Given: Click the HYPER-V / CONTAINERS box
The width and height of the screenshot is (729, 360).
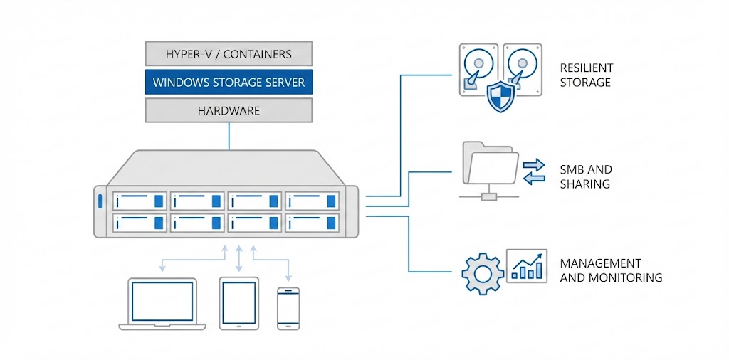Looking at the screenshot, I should [x=229, y=53].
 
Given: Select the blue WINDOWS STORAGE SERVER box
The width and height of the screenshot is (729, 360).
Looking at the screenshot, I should [x=229, y=82].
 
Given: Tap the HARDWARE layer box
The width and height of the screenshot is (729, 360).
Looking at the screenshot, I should [x=229, y=110].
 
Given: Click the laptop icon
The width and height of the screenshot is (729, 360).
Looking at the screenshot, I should [x=162, y=304].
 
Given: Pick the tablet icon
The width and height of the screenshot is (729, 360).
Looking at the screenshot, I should [x=238, y=303].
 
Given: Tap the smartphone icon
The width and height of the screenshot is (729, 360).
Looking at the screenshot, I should [x=288, y=308].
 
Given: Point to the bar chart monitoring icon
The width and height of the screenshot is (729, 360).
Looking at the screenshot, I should [x=526, y=265].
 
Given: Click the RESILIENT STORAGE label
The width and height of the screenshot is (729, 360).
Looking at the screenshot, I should [x=586, y=75].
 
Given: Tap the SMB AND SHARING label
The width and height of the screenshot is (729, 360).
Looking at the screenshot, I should [x=586, y=176].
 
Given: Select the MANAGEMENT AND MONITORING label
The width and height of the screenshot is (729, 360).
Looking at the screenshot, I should [x=611, y=270].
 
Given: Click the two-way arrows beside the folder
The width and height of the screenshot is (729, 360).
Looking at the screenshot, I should [x=533, y=171].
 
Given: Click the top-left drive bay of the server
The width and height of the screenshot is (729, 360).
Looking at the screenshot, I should [x=140, y=201].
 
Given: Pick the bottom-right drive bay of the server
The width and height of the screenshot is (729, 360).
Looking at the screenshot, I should [x=312, y=222].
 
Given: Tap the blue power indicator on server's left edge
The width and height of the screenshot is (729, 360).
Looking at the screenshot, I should [x=101, y=201].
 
